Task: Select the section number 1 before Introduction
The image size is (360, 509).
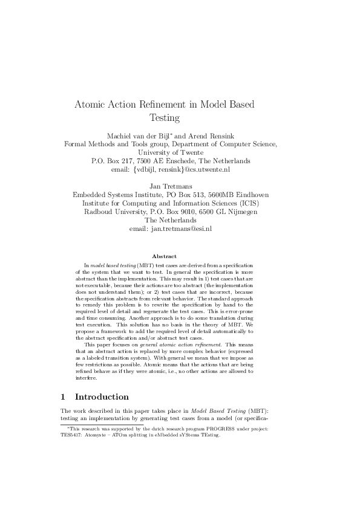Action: [x=64, y=397]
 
